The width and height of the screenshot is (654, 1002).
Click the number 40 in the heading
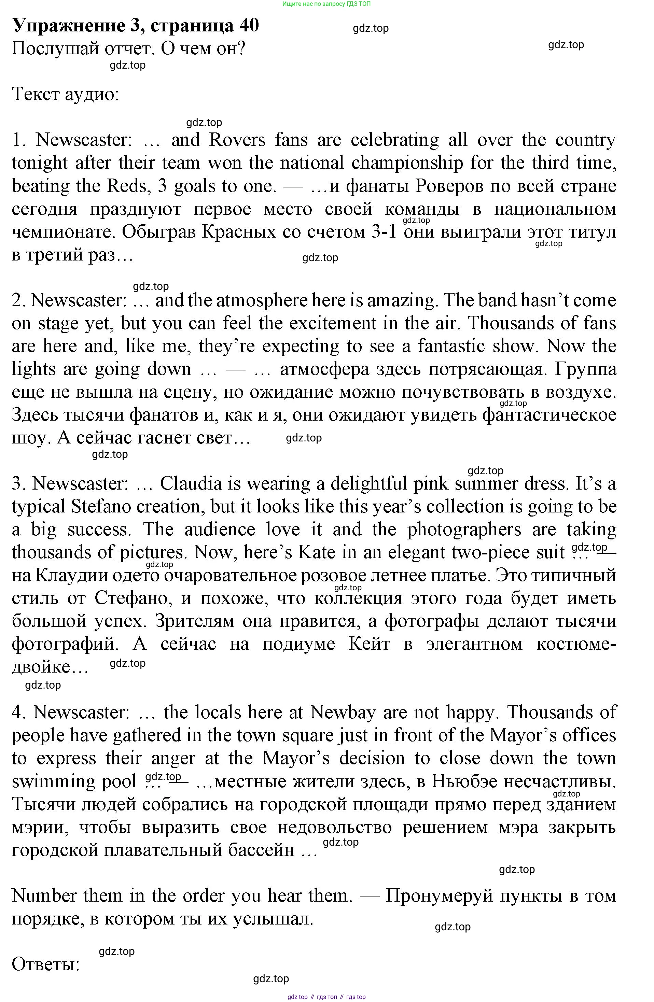coord(249,25)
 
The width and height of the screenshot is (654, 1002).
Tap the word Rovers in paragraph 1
coord(237,140)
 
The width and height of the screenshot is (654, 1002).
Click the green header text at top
coord(326,4)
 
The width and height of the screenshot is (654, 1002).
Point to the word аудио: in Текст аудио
coord(92,94)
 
